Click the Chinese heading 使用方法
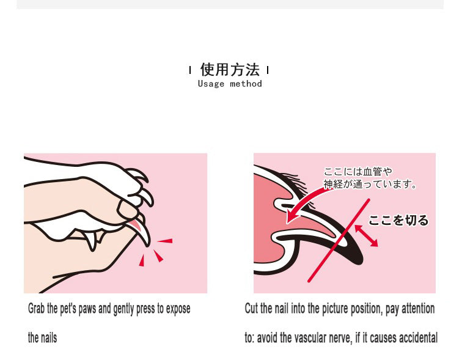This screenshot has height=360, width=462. coord(230,70)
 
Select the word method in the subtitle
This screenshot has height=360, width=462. coord(246,84)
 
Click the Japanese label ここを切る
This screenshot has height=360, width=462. coord(398,220)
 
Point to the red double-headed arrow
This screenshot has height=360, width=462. coord(366,236)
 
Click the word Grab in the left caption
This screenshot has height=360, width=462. coord(37,309)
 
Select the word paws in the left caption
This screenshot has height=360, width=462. coord(87,309)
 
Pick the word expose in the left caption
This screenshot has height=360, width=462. coord(178,309)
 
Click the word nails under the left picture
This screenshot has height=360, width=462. coord(50,337)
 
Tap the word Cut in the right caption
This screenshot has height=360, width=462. coord(251,309)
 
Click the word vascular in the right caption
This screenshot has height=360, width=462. coord(307,337)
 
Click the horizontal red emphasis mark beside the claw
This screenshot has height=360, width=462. coord(165,241)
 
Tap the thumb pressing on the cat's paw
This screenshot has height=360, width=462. coord(128,210)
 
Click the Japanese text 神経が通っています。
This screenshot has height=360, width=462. coord(370,184)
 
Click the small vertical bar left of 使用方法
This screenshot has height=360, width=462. coord(190,70)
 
